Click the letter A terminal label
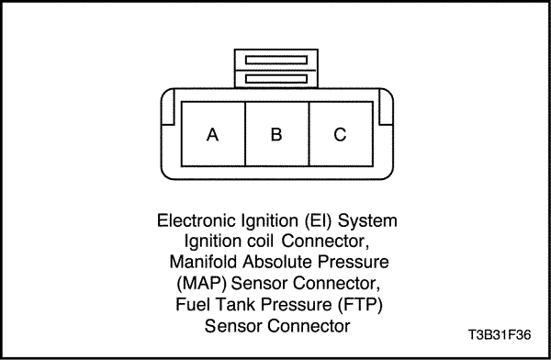pyautogui.click(x=212, y=135)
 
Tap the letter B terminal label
pyautogui.click(x=276, y=134)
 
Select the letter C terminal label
pyautogui.click(x=340, y=134)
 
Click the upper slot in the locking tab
pyautogui.click(x=276, y=60)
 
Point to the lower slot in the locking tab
pyautogui.click(x=276, y=79)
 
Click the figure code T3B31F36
pyautogui.click(x=500, y=334)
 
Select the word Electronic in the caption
pyautogui.click(x=197, y=220)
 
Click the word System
pyautogui.click(x=367, y=221)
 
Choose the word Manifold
pyautogui.click(x=204, y=262)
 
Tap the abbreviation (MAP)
pyautogui.click(x=201, y=284)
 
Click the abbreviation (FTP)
pyautogui.click(x=360, y=305)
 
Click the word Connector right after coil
pyautogui.click(x=325, y=242)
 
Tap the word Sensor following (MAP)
pyautogui.click(x=259, y=284)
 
